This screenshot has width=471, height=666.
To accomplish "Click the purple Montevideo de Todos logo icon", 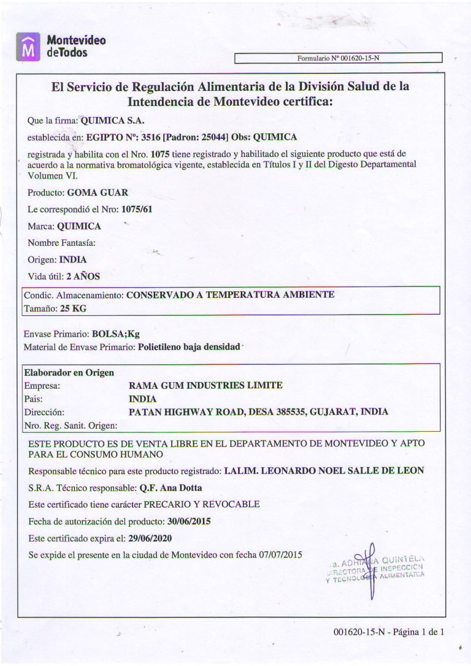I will (x=26, y=47).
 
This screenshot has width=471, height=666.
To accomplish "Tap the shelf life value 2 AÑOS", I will (x=83, y=276).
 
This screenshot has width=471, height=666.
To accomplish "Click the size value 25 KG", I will (x=73, y=308).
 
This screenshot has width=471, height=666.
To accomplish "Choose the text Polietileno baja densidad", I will (x=188, y=347).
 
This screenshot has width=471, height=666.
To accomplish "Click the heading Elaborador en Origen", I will (x=69, y=372).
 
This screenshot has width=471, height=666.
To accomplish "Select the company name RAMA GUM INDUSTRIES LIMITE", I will (x=206, y=386).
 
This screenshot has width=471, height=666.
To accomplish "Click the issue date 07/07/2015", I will (x=281, y=554).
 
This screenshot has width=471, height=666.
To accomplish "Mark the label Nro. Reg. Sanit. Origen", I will (x=70, y=425).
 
